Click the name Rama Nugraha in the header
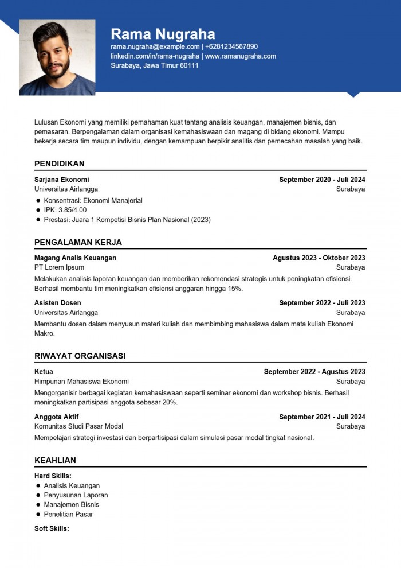pyautogui.click(x=163, y=33)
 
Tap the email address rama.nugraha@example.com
pyautogui.click(x=155, y=46)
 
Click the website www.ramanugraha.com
pyautogui.click(x=241, y=56)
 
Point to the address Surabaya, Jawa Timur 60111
pyautogui.click(x=155, y=65)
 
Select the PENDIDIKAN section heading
pyautogui.click(x=59, y=164)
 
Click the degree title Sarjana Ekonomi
pyautogui.click(x=61, y=180)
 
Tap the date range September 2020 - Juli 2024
pyautogui.click(x=322, y=180)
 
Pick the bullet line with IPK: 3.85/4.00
pyautogui.click(x=65, y=210)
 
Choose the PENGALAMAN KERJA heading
pyautogui.click(x=78, y=242)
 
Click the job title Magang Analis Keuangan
pyautogui.click(x=75, y=258)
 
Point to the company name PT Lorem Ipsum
pyautogui.click(x=59, y=267)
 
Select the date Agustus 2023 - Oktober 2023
pyautogui.click(x=319, y=258)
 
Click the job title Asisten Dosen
pyautogui.click(x=57, y=303)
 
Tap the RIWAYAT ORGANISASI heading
pyautogui.click(x=80, y=356)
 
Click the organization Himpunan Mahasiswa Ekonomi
pyautogui.click(x=81, y=382)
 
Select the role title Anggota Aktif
pyautogui.click(x=56, y=417)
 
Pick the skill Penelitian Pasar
pyautogui.click(x=68, y=515)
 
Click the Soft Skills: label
pyautogui.click(x=52, y=528)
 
